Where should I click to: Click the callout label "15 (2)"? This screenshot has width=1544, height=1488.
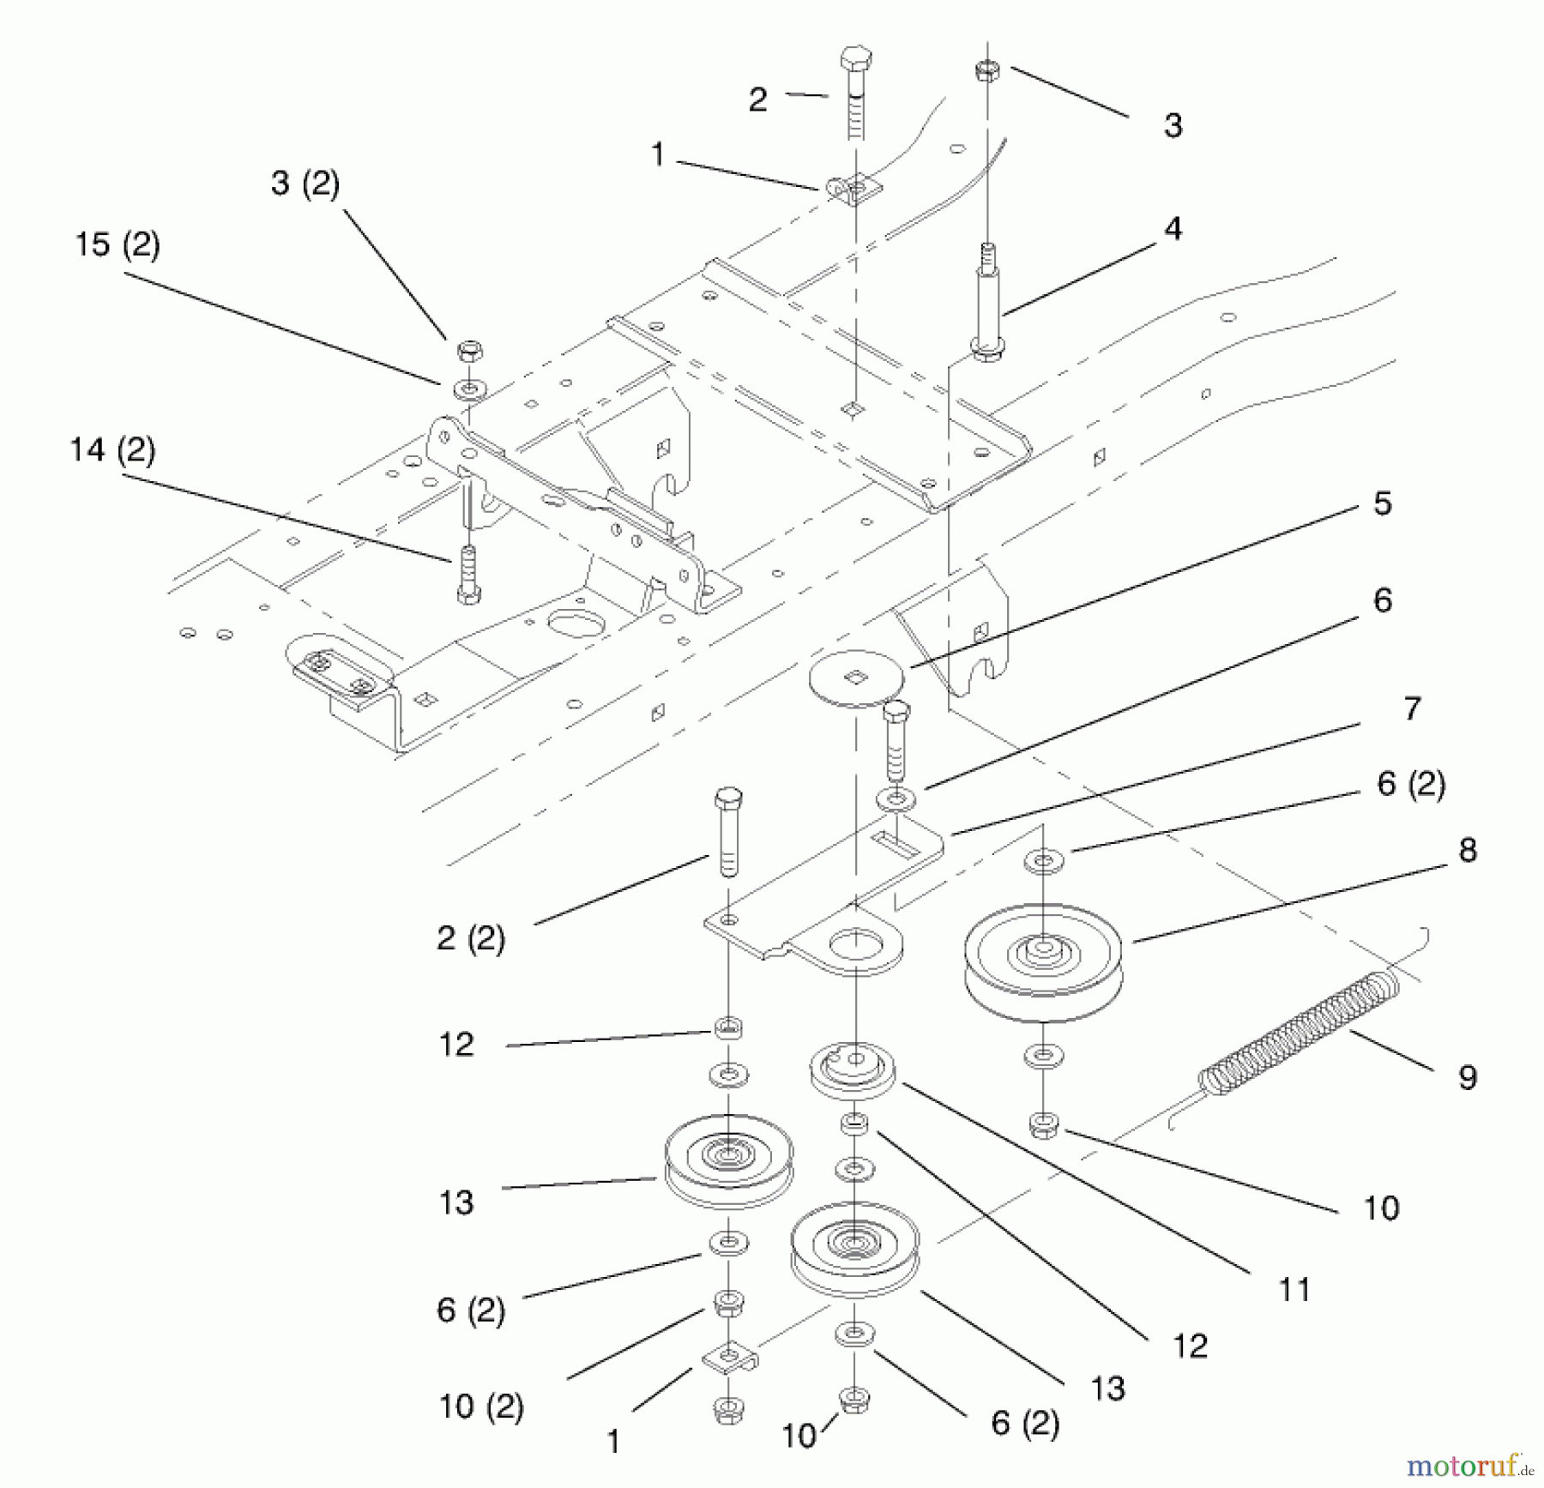pyautogui.click(x=118, y=245)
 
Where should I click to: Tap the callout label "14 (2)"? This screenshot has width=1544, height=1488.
pyautogui.click(x=112, y=450)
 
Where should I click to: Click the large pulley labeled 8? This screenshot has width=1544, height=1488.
pyautogui.click(x=1042, y=961)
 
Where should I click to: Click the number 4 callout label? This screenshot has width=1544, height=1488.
pyautogui.click(x=1173, y=229)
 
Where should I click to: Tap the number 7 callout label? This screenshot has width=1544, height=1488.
pyautogui.click(x=1412, y=709)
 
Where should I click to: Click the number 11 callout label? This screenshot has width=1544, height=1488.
pyautogui.click(x=1294, y=1289)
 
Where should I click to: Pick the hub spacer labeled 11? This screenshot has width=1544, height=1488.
pyautogui.click(x=853, y=1070)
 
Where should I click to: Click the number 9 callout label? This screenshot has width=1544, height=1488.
pyautogui.click(x=1468, y=1077)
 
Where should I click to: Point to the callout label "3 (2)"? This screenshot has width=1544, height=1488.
pyautogui.click(x=305, y=184)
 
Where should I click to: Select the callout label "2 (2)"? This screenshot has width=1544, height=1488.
pyautogui.click(x=470, y=938)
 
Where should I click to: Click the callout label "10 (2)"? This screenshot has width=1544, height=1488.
pyautogui.click(x=480, y=1407)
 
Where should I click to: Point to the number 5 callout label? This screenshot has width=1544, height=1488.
pyautogui.click(x=1382, y=503)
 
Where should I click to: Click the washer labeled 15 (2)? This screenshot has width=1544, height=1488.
pyautogui.click(x=468, y=390)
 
